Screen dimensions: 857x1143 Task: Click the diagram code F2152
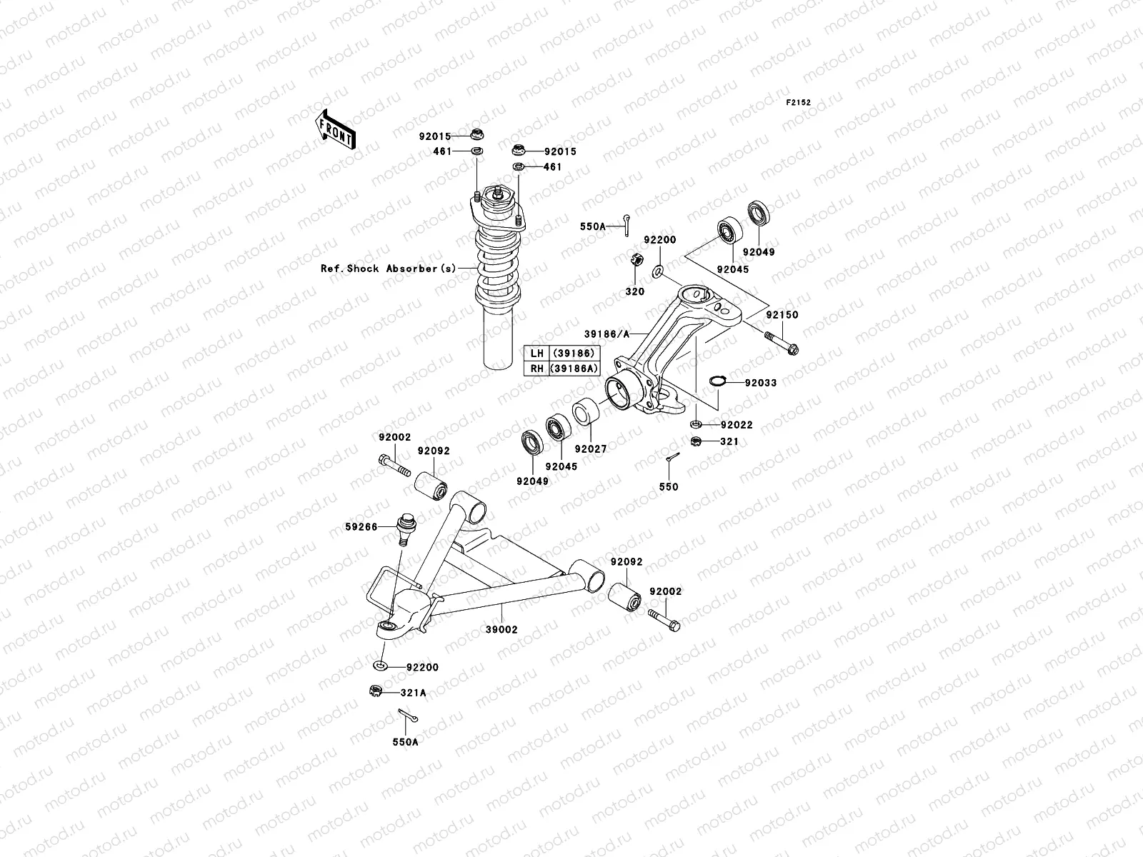[799, 103]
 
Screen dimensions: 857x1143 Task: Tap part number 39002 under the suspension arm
[501, 630]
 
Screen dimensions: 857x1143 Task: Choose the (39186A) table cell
[573, 368]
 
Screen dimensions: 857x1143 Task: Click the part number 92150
[782, 315]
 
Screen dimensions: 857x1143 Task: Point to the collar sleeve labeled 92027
[585, 413]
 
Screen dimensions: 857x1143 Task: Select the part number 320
[634, 291]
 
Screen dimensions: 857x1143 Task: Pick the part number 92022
[737, 425]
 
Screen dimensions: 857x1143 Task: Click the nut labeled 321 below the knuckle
[695, 442]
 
